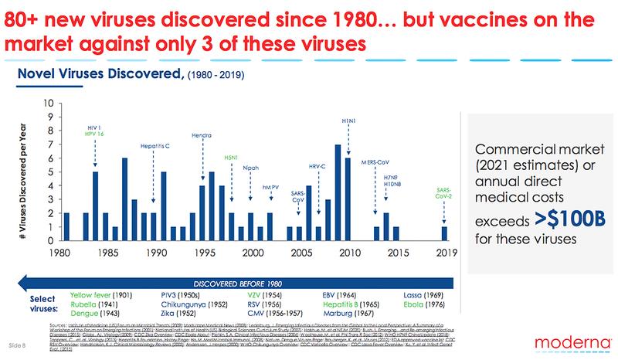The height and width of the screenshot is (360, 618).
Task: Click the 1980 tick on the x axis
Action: point(65,252)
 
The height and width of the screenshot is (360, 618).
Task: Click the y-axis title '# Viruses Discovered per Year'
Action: point(32,172)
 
